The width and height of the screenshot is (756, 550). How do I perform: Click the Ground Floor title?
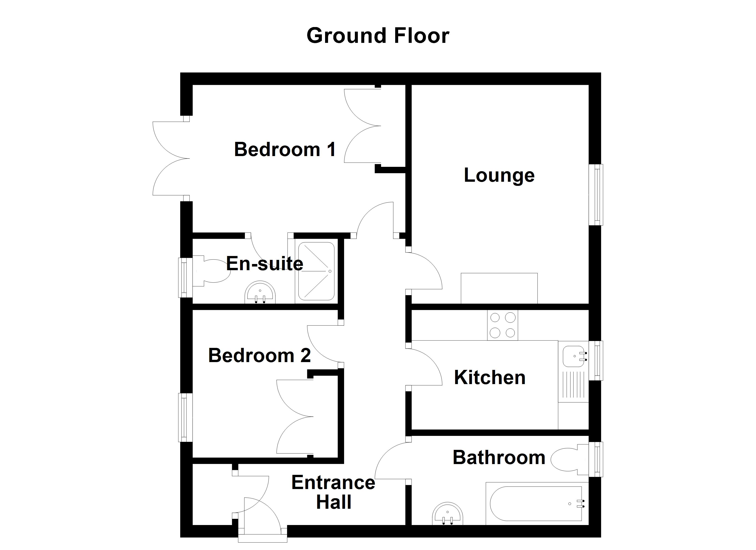[378, 36]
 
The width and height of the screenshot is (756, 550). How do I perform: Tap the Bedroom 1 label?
[285, 149]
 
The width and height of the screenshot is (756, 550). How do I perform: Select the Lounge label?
[499, 176]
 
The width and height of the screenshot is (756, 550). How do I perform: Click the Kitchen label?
[490, 378]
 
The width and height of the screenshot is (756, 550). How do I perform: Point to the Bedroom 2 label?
[259, 355]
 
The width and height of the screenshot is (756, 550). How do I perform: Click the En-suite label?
[265, 264]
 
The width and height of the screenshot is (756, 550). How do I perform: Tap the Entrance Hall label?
[333, 492]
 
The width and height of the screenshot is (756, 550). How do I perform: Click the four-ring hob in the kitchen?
[502, 325]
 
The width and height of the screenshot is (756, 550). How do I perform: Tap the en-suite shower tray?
[316, 271]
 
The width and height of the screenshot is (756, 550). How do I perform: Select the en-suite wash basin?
[260, 293]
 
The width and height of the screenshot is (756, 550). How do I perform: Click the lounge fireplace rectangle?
[499, 288]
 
